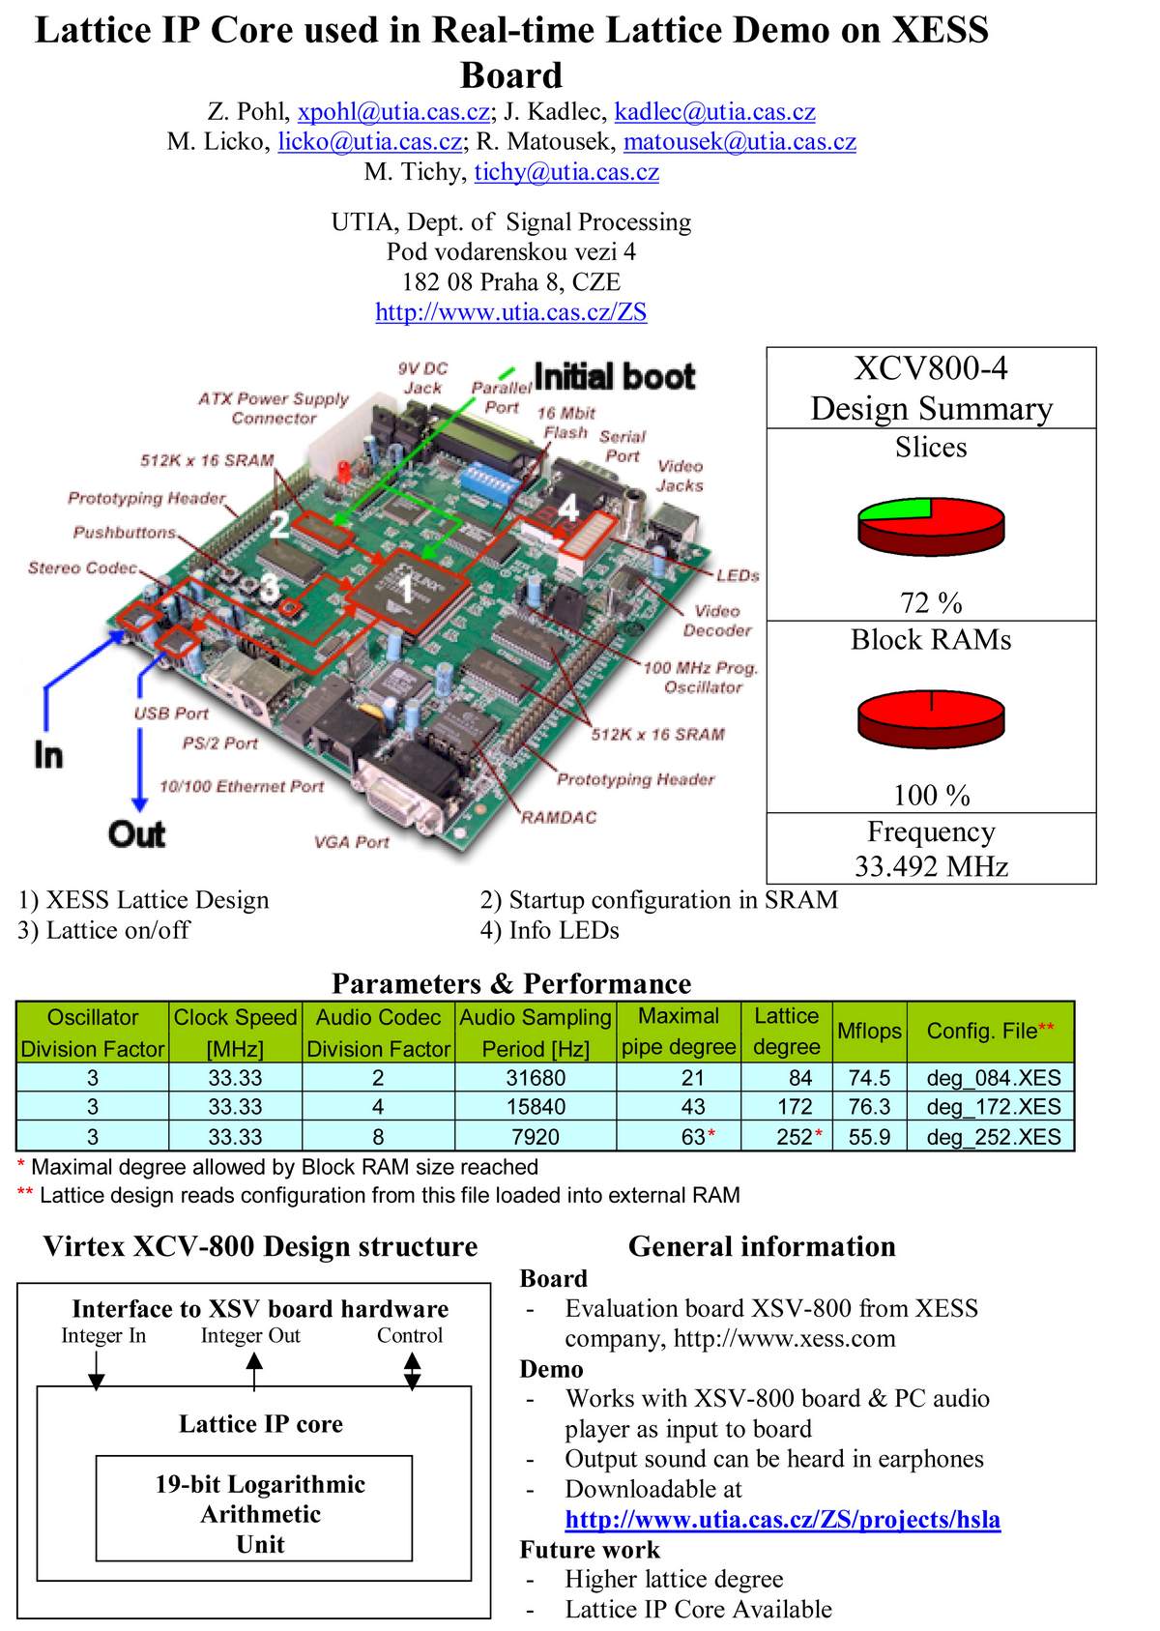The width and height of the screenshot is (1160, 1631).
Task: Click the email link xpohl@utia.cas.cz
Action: click(x=393, y=111)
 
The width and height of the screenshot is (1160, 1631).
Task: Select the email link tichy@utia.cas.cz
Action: click(x=566, y=172)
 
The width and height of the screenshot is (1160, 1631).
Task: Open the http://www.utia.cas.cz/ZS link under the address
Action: click(x=510, y=311)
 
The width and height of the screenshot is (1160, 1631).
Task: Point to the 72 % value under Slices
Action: click(x=931, y=602)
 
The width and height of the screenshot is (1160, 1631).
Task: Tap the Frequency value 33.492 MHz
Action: click(x=931, y=865)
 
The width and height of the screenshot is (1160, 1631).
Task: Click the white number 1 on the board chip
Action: click(x=406, y=589)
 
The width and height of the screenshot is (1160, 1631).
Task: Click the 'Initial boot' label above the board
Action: click(x=615, y=376)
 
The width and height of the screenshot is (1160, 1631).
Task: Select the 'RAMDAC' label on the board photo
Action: click(x=559, y=817)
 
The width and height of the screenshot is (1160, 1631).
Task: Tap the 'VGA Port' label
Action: click(x=352, y=842)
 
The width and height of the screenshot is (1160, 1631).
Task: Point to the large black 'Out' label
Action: click(x=137, y=833)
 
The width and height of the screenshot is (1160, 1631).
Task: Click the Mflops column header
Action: click(x=869, y=1031)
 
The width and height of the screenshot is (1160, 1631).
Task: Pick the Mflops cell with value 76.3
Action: click(x=869, y=1106)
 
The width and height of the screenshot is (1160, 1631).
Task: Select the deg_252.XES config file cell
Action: click(x=993, y=1136)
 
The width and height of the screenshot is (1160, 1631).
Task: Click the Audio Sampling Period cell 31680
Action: click(x=536, y=1077)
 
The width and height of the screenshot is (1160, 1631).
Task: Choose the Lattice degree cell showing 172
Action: click(x=794, y=1106)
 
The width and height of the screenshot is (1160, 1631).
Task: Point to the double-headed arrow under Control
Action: click(x=412, y=1372)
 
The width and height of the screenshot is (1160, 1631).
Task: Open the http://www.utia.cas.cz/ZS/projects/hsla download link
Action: click(x=783, y=1519)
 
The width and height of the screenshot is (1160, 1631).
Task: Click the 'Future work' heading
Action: click(x=590, y=1550)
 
